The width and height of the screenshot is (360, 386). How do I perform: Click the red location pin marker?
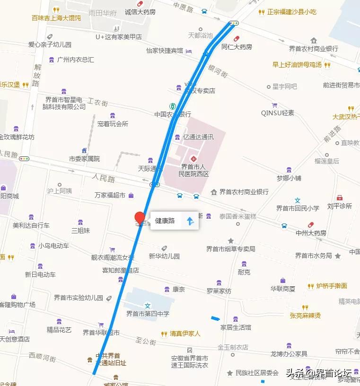140,218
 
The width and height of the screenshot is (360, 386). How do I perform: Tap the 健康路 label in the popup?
165,221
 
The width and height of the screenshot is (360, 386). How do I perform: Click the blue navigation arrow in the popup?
190,221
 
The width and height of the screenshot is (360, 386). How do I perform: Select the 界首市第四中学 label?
147,313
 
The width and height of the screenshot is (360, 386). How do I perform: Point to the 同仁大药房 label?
237,47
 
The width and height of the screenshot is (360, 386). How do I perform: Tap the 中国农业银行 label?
173,114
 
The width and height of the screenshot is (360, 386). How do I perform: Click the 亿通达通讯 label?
198,137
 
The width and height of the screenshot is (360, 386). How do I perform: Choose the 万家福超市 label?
110,195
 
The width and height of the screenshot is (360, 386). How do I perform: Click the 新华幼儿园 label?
164,256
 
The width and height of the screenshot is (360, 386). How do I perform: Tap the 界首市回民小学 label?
298,208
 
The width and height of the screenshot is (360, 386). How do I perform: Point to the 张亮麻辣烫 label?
306,315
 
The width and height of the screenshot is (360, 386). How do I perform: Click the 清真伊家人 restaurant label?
185,334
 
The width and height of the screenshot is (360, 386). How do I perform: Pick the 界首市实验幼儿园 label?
78,298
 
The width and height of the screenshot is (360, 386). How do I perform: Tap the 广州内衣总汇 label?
75,60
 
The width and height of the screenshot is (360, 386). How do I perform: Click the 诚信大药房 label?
140,12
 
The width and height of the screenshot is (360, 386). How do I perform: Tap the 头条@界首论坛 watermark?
319,372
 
